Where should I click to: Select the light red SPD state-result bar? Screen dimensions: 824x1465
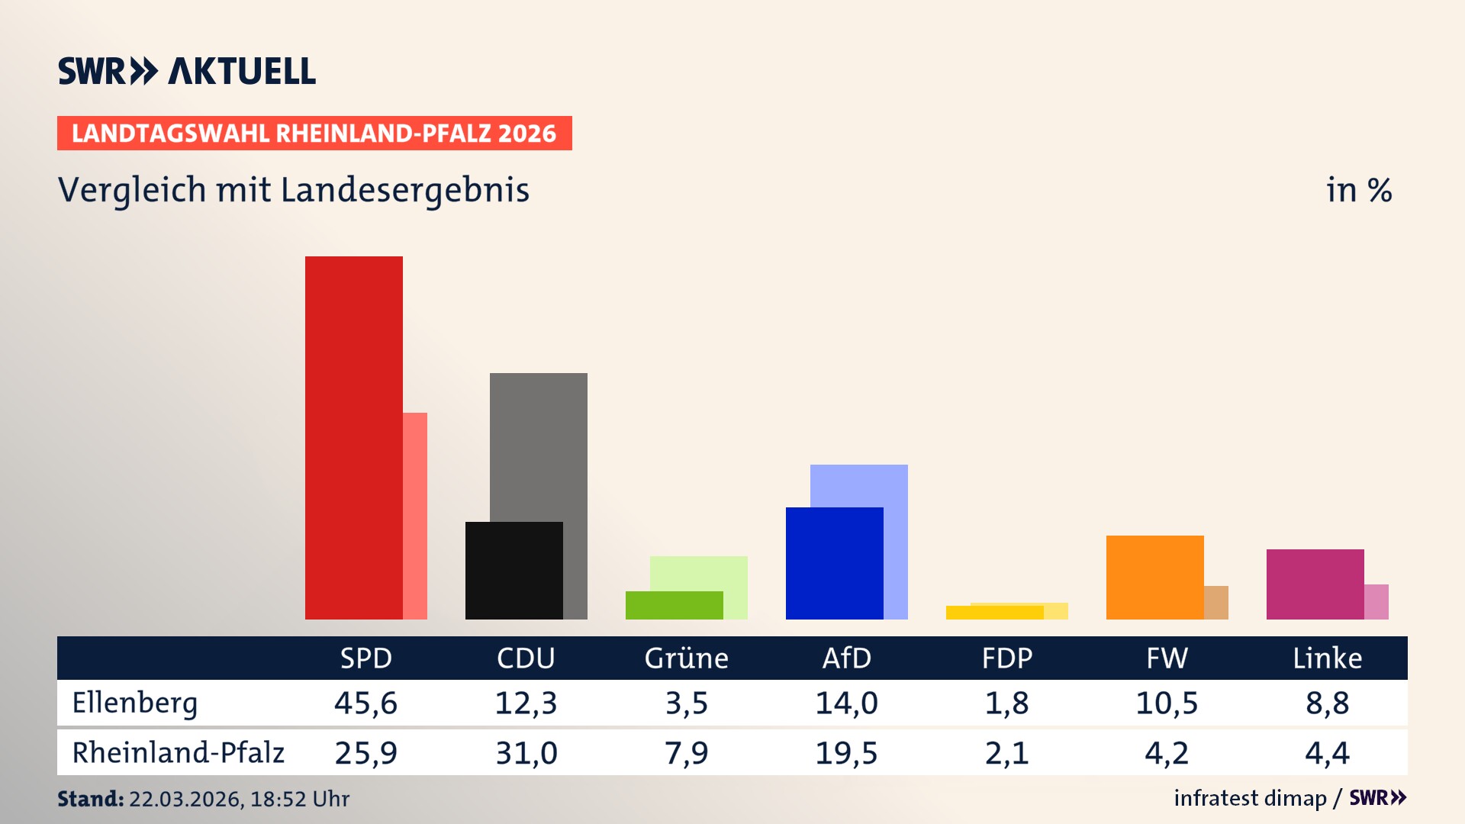pos(415,516)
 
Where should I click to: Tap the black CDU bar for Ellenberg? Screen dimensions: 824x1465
pos(514,570)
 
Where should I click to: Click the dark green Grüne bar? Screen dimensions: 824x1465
pos(674,605)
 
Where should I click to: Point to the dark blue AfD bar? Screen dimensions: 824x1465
pos(834,563)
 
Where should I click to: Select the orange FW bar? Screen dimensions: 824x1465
pos(1154,577)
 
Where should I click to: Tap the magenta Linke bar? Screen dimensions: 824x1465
pos(1315,584)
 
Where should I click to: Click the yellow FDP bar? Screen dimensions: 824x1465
pos(994,613)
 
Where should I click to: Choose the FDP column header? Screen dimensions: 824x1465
pos(1006,658)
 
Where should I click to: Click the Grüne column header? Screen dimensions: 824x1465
pos(686,658)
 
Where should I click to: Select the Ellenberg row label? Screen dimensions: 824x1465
pos(135,703)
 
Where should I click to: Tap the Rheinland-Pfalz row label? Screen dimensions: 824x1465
pos(178,753)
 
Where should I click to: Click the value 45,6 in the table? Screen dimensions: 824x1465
pos(365,703)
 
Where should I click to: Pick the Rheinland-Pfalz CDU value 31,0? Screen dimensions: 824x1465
pos(526,753)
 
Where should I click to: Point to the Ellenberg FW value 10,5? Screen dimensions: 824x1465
pos(1167,703)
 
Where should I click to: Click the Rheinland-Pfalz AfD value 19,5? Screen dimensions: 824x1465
pos(846,753)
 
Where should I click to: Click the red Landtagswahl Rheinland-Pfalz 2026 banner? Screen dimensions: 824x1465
pos(314,134)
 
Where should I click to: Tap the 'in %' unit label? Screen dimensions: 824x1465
pos(1359,190)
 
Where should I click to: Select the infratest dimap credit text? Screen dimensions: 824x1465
pos(1250,798)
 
